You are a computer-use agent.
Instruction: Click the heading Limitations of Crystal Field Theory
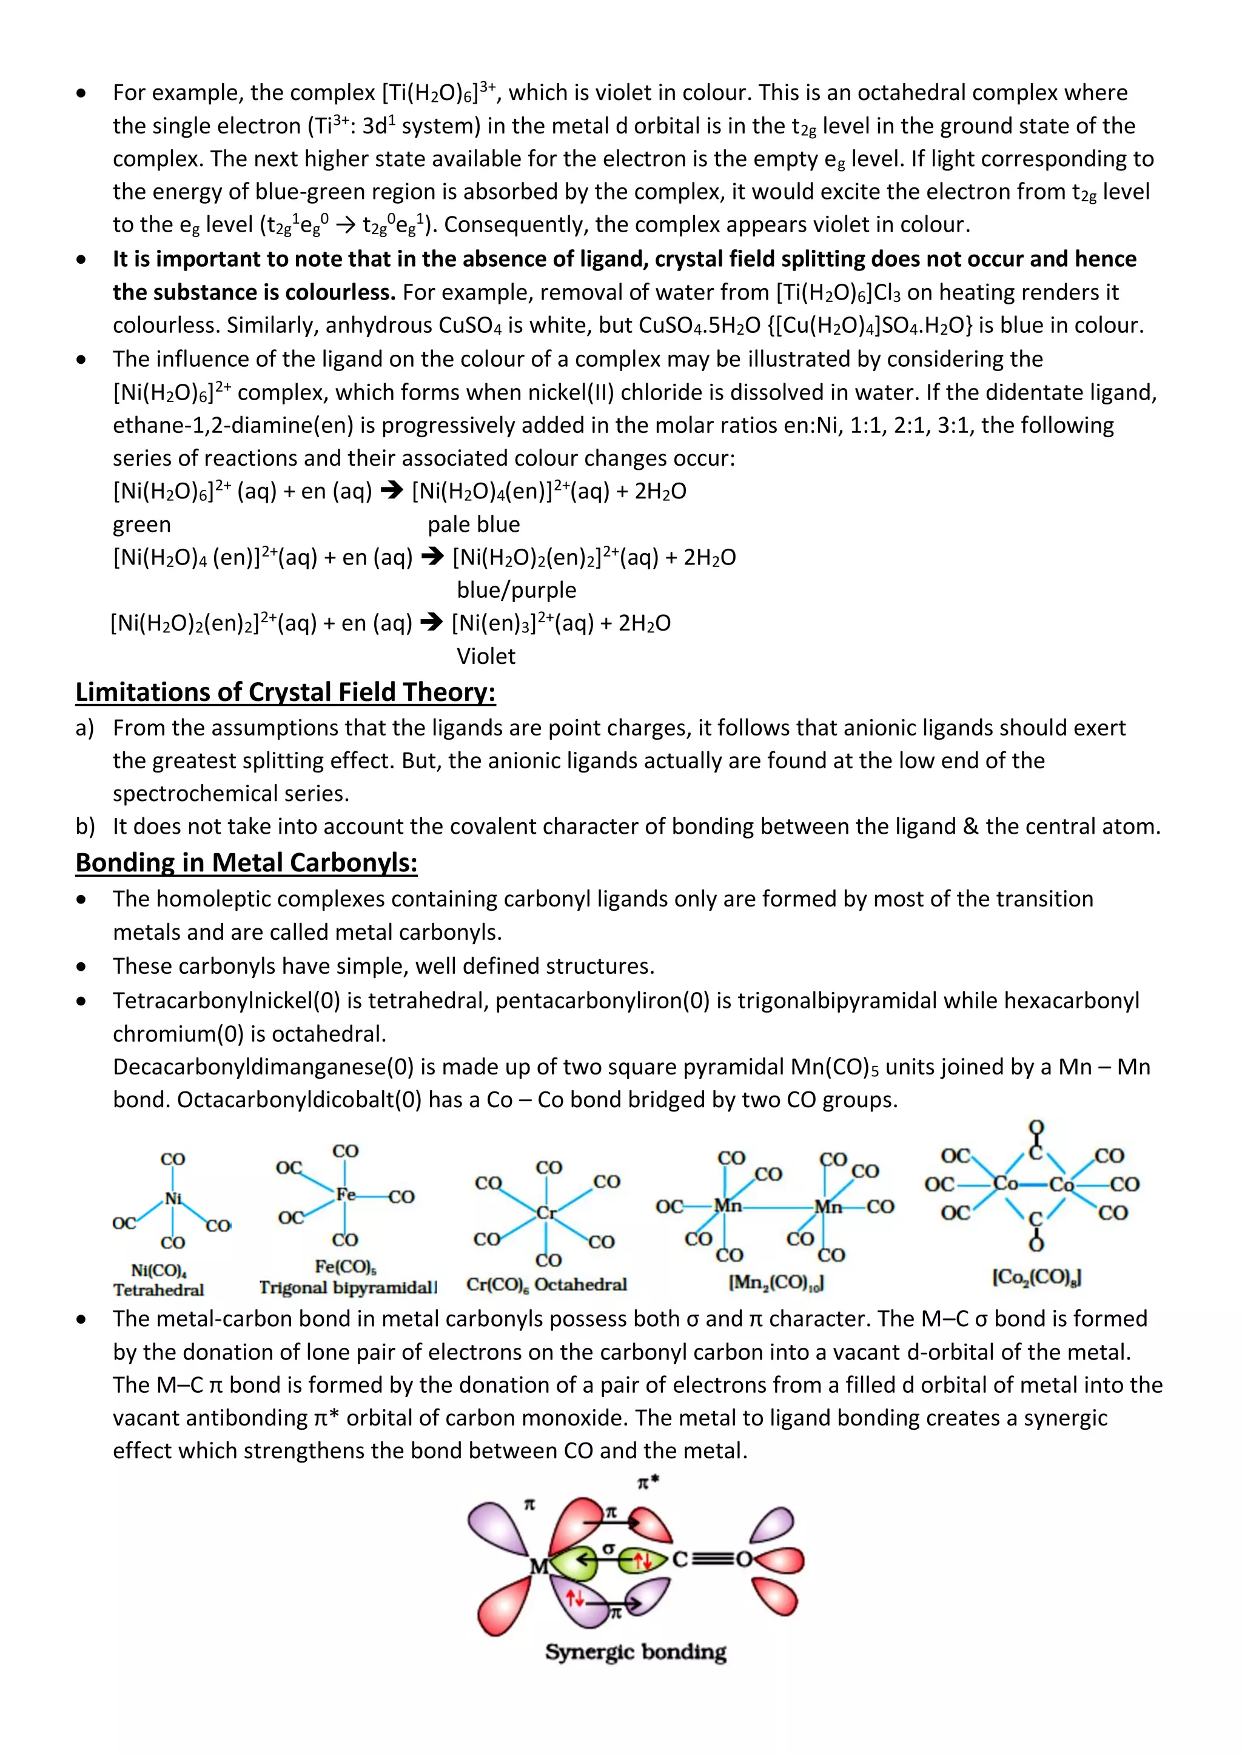[x=285, y=692]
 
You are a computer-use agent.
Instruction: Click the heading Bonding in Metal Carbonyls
[x=246, y=863]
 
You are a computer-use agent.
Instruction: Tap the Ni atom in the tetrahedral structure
[x=173, y=1198]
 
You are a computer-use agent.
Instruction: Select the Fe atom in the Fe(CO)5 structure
[x=346, y=1194]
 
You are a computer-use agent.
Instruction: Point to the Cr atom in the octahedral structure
[x=545, y=1213]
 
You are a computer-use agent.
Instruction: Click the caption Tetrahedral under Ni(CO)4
[x=158, y=1290]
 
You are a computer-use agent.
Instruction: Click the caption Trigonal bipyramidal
[x=347, y=1287]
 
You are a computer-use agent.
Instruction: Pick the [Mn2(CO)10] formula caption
[x=776, y=1282]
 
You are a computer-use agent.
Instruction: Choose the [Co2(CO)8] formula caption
[x=1036, y=1276]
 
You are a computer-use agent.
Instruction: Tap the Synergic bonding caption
[x=636, y=1652]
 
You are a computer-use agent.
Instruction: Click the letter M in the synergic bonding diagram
[x=539, y=1567]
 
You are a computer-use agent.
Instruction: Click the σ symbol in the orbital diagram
[x=608, y=1548]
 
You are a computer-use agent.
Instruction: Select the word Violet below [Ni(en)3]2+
[x=486, y=656]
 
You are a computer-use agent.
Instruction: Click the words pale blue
[x=474, y=524]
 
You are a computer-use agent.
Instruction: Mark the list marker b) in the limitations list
[x=85, y=826]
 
